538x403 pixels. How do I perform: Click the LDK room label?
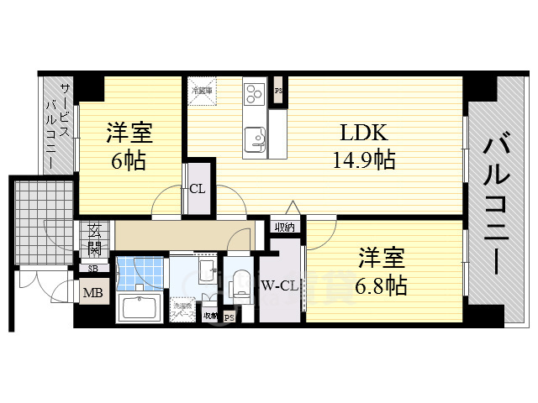363,133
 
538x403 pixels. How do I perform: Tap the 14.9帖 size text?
363,158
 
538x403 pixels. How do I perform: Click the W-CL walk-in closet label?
279,285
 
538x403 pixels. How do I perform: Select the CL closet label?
197,188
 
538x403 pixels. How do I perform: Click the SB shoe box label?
92,269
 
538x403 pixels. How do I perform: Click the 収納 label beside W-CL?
283,227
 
